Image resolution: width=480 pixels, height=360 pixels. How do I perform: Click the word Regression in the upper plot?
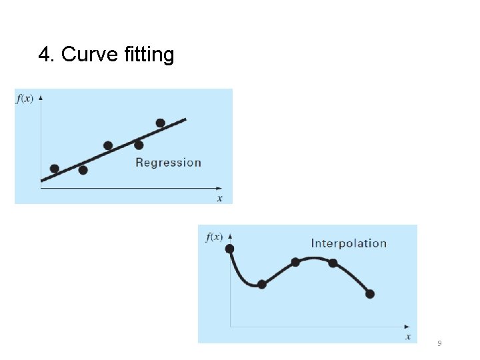coord(168,162)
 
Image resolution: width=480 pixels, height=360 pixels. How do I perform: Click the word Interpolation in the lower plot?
coord(349,243)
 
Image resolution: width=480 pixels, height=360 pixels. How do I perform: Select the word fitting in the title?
coord(149,55)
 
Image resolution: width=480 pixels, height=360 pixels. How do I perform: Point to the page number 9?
coord(439,343)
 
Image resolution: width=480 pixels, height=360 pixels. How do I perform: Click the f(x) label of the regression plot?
coord(24,99)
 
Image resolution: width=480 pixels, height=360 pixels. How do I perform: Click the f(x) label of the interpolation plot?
coord(215,237)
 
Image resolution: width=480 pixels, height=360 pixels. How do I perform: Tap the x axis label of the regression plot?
coord(219,198)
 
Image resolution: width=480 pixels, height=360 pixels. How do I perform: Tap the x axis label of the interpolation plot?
coord(408,337)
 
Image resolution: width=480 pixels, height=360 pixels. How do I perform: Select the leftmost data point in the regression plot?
coord(55,169)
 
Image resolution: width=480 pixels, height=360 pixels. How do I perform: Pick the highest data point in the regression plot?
coord(160,123)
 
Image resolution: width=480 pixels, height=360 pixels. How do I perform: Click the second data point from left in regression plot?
coord(83,170)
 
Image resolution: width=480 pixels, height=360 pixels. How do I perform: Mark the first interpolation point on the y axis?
coord(231,249)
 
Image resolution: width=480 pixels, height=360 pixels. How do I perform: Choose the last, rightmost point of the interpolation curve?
coord(370,294)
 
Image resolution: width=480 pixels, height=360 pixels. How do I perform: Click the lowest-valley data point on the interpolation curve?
coord(261,285)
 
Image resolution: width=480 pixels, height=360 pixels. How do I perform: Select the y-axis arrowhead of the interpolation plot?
coord(231,235)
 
